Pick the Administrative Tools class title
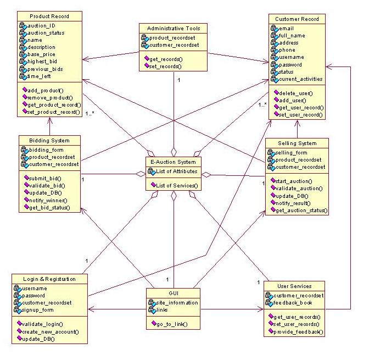point(174,28)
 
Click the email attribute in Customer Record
point(287,28)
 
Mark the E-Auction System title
point(174,162)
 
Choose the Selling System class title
point(297,143)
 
